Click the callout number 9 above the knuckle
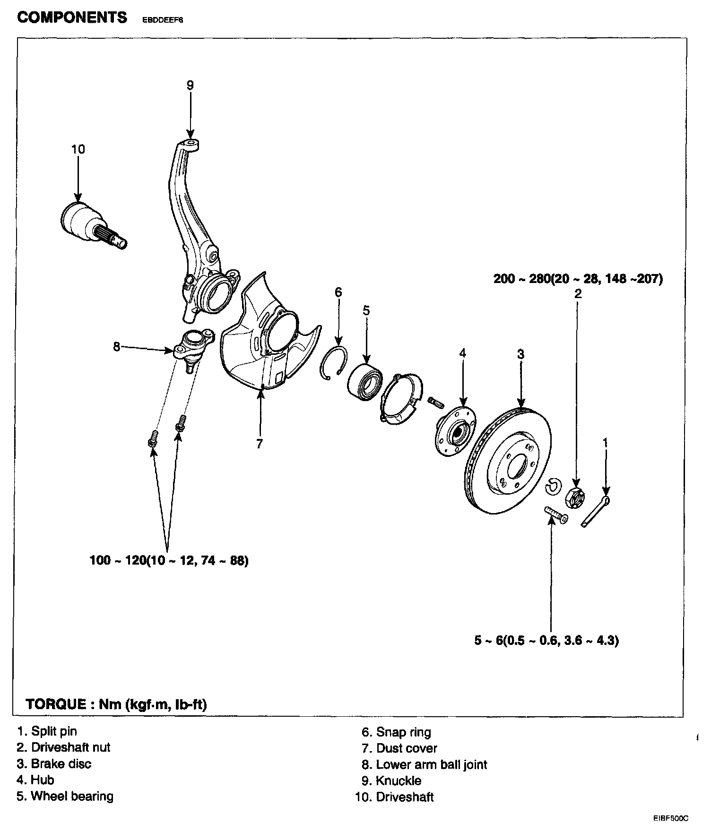click(x=190, y=86)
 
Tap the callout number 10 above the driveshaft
click(x=78, y=149)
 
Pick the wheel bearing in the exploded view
click(x=365, y=380)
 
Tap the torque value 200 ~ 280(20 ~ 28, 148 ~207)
click(x=578, y=279)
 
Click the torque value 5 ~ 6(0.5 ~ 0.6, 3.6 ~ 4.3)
click(x=546, y=641)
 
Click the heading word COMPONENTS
click(x=72, y=18)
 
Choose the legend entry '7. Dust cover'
click(x=399, y=748)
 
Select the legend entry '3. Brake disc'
click(x=54, y=764)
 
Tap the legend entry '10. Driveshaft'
click(x=394, y=797)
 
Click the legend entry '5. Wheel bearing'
click(x=65, y=796)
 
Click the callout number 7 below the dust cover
click(x=259, y=444)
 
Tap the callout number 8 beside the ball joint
click(x=117, y=346)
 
